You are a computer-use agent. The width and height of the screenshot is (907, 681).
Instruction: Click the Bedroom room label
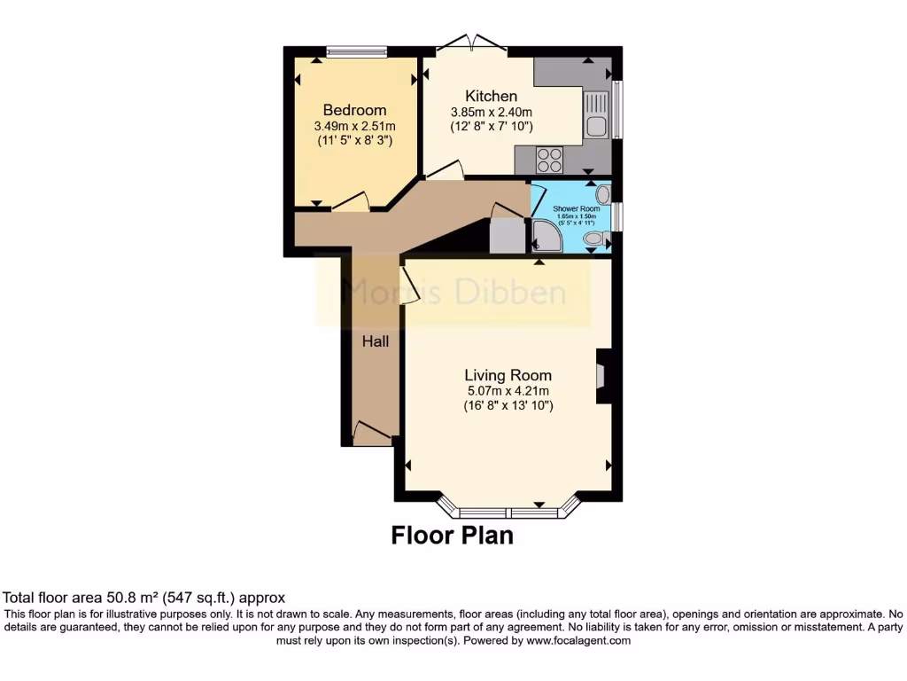tap(354, 110)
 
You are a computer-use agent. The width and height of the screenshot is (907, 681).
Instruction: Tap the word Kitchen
tap(491, 96)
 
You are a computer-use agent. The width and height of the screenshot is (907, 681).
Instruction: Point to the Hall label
tap(375, 340)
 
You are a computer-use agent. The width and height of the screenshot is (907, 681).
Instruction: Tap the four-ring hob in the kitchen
tap(549, 160)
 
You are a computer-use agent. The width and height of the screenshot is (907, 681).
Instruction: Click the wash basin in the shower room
tap(603, 194)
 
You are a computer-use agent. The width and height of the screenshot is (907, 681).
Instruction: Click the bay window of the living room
tap(509, 510)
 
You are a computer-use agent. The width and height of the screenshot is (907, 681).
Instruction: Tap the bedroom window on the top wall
tap(356, 51)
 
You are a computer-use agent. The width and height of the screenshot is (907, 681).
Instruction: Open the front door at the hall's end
tap(372, 434)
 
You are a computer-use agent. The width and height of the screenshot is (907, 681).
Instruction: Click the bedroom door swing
tap(353, 201)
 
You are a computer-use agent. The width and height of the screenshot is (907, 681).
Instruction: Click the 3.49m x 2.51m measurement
tap(354, 125)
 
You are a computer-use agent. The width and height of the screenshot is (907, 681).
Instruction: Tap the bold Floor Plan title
tap(452, 536)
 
